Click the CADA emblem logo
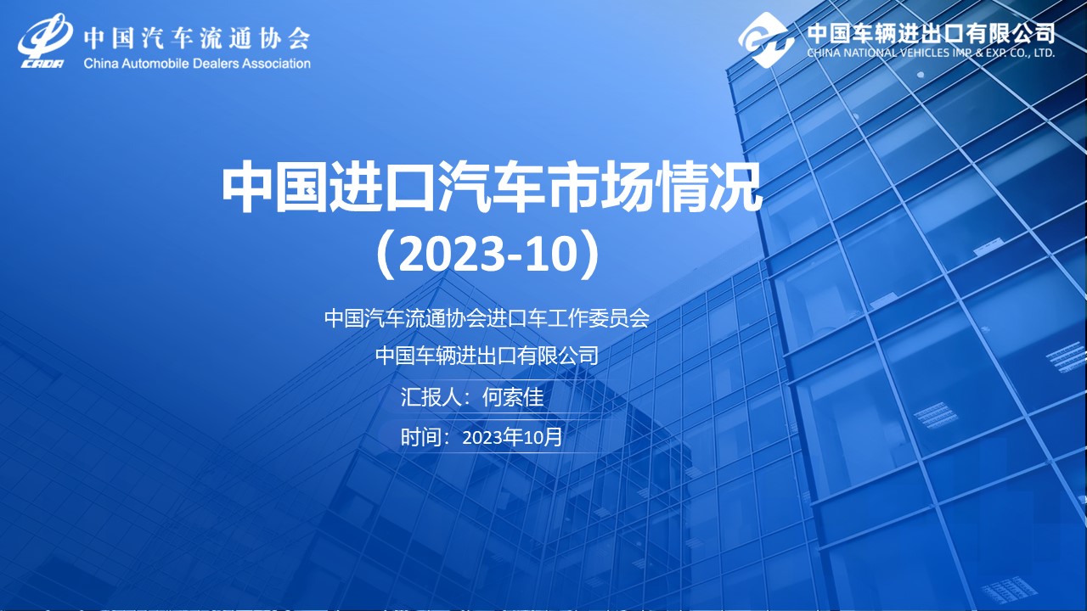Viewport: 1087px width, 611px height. coord(45,42)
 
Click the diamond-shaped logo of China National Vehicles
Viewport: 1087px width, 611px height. coord(766,40)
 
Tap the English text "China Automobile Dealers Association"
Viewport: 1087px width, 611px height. coord(197,64)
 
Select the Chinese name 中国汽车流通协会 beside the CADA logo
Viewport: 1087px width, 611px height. coord(196,37)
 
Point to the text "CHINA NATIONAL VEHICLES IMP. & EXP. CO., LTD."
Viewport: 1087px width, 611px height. coord(931,53)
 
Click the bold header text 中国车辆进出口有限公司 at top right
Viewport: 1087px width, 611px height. coord(931,33)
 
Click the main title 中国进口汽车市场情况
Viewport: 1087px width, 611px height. coord(491,188)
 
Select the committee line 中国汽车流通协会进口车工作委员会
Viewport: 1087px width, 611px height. coord(487,318)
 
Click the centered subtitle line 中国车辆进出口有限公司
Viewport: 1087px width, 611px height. coord(487,356)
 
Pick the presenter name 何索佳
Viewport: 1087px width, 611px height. coord(513,397)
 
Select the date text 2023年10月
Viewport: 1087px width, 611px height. coord(512,437)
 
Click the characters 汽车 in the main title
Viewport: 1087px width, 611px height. coord(491,188)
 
